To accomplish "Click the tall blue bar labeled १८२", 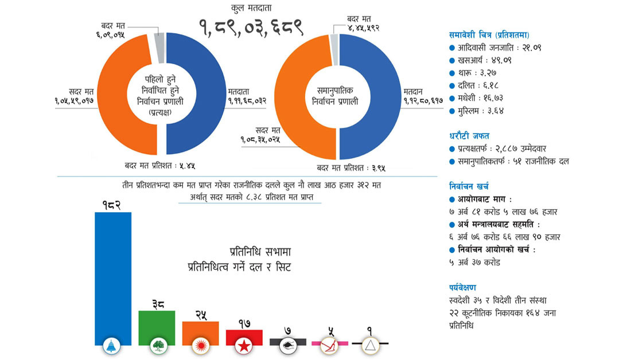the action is tap(113, 279).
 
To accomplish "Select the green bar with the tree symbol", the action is tap(157, 327).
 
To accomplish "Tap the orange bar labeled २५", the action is tap(200, 333).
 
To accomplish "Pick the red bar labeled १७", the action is tap(244, 337).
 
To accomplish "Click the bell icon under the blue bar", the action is tap(112, 346).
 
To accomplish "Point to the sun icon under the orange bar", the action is tap(200, 346).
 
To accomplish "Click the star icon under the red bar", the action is tap(244, 346).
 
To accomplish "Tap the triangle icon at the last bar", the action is tap(370, 346).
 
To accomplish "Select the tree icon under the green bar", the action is tap(159, 346).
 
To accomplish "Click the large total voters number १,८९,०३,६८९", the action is tap(251, 28).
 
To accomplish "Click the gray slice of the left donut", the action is tap(160, 48).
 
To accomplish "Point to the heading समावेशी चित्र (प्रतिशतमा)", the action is tap(489, 35).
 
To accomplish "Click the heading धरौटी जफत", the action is tap(469, 136).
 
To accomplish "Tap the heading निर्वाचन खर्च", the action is tap(469, 186).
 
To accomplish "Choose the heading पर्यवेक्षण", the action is tap(462, 287).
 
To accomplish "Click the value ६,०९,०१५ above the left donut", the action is tap(110, 35).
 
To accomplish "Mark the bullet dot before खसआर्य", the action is tap(452, 61).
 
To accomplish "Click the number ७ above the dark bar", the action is tap(287, 331).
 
